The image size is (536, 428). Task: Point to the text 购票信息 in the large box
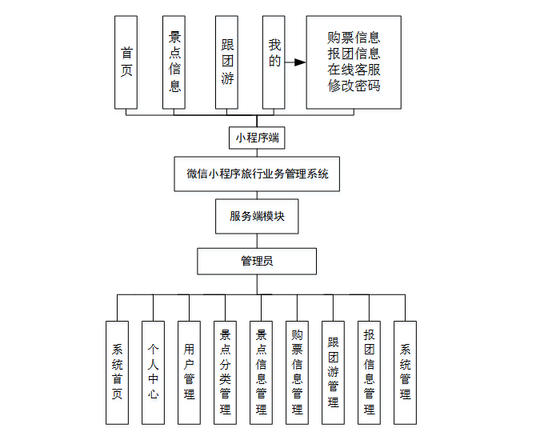(354, 37)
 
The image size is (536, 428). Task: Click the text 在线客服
(354, 70)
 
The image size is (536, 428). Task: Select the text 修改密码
(354, 86)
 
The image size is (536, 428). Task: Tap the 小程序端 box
(257, 138)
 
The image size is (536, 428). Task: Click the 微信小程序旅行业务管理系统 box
(257, 174)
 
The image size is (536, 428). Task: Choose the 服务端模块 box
(257, 216)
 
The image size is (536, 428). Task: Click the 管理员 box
(257, 261)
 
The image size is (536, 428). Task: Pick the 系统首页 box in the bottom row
(117, 372)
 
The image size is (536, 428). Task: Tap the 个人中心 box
(153, 372)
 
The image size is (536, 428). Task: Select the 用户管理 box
(189, 372)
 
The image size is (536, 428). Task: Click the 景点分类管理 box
(225, 372)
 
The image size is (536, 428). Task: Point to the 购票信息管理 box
(297, 372)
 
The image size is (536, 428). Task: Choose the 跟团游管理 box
(333, 372)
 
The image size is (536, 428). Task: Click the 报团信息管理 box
(369, 372)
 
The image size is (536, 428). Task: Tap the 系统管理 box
(405, 372)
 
